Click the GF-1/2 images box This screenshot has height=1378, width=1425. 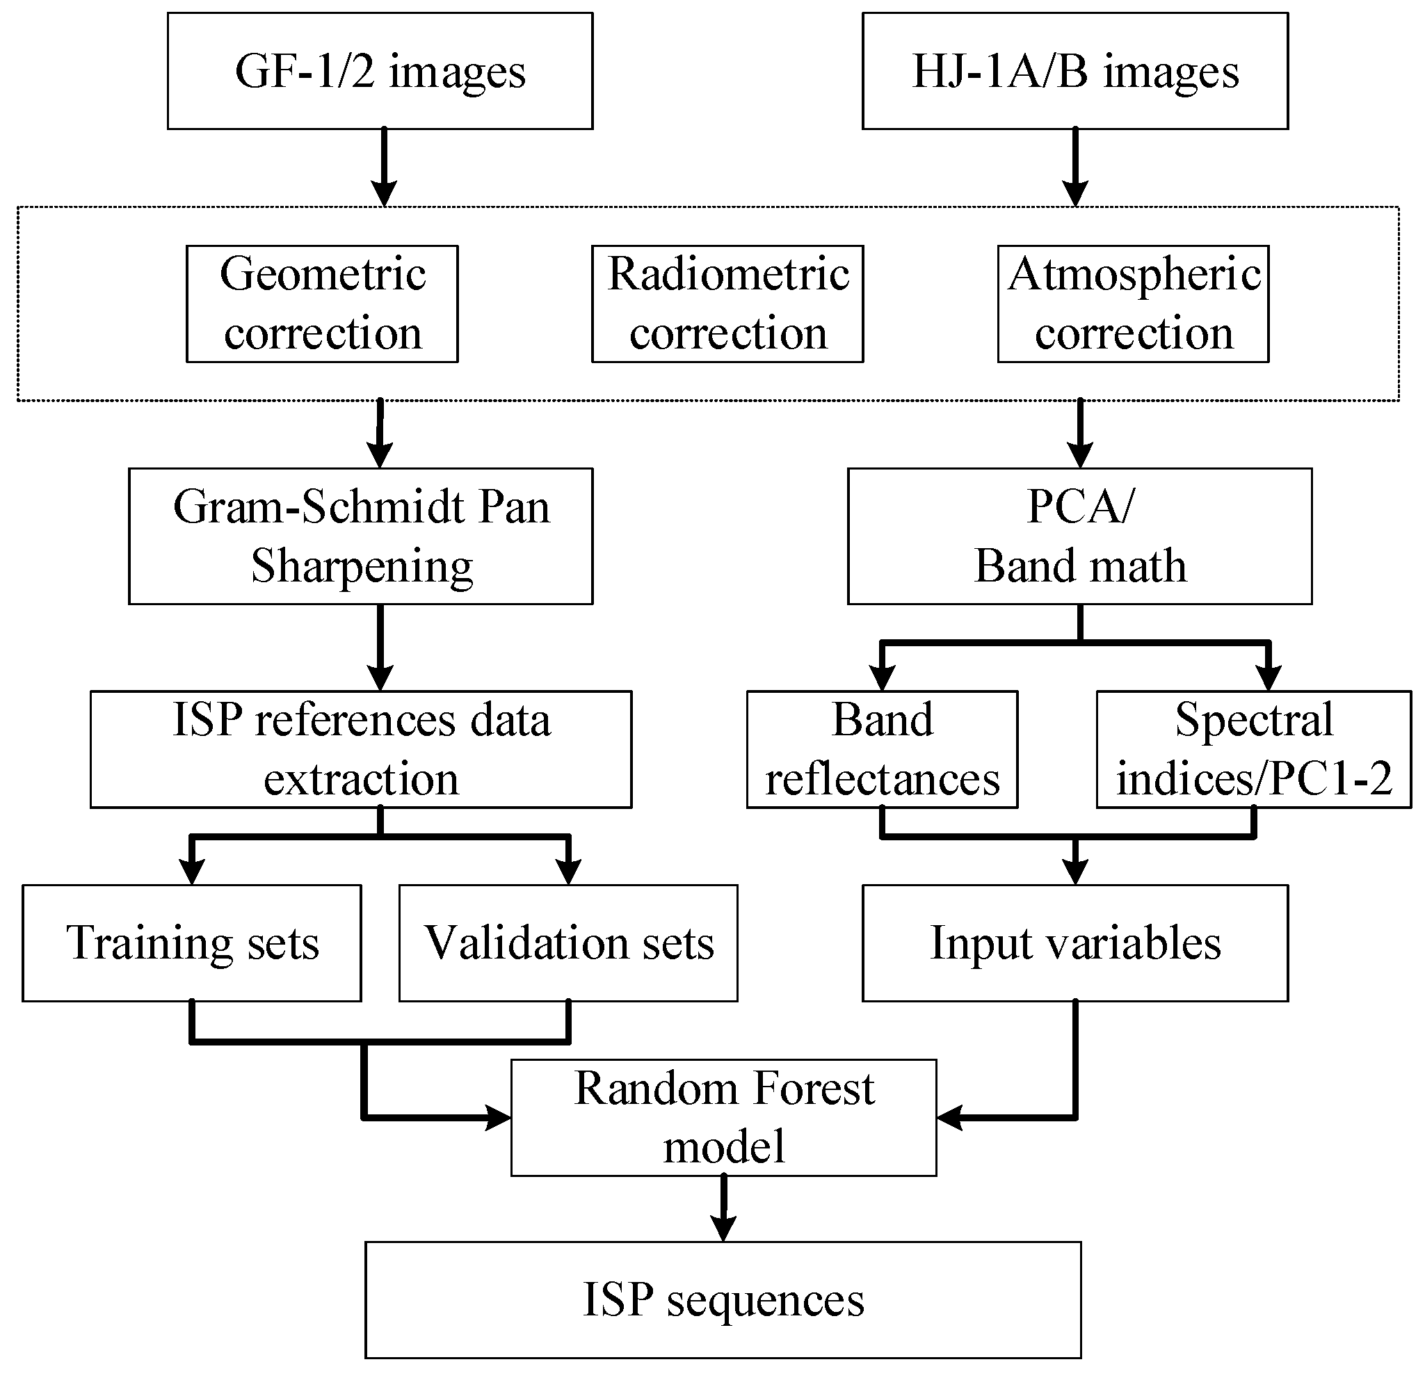(380, 71)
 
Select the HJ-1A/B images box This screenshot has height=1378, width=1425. (1074, 71)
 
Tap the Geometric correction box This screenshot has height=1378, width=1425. (322, 303)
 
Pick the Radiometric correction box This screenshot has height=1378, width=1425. (727, 303)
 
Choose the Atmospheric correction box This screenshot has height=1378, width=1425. (1133, 303)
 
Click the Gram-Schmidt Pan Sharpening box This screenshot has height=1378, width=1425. (361, 536)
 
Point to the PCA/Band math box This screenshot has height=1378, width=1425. (1079, 536)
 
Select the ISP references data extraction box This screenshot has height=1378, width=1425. (361, 749)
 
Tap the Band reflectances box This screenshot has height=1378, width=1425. (882, 749)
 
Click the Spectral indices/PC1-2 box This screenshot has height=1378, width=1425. (1253, 749)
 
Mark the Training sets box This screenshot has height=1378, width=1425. (192, 943)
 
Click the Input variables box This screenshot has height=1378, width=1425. (1074, 943)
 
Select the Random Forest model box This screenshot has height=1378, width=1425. (723, 1117)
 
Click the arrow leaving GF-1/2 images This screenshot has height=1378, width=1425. (384, 167)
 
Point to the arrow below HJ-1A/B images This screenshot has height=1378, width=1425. (1075, 167)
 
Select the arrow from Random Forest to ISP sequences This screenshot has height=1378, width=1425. (723, 1207)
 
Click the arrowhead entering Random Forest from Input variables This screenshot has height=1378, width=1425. (949, 1117)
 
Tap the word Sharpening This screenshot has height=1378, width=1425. (362, 566)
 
